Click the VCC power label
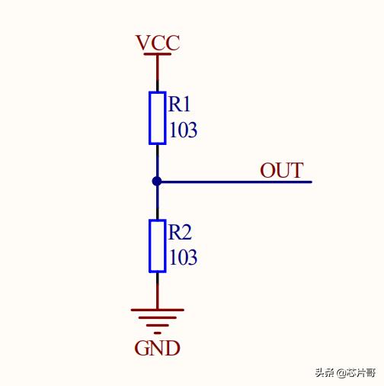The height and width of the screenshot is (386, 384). click(158, 43)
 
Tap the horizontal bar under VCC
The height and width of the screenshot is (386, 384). click(158, 54)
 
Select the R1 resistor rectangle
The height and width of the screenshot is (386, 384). click(158, 118)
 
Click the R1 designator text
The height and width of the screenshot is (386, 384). click(179, 104)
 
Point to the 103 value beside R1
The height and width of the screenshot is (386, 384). click(183, 130)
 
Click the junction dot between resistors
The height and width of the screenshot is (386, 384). click(157, 182)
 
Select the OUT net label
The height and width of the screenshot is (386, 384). click(282, 170)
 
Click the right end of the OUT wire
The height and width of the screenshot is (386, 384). click(312, 182)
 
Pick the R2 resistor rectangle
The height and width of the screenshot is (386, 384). click(158, 246)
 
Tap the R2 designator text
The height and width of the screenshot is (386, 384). click(180, 232)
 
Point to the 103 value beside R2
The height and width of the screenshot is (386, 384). click(183, 257)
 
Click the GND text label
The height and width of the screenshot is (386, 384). click(157, 348)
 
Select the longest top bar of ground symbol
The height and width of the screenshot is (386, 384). click(158, 310)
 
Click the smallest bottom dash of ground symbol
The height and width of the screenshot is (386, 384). click(158, 333)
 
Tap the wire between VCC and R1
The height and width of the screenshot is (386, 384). click(158, 73)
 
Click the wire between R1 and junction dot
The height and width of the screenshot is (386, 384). click(158, 161)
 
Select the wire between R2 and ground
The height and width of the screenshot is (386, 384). click(158, 291)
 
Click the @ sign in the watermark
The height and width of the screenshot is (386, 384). click(341, 373)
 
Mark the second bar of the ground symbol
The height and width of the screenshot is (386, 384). click(158, 317)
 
